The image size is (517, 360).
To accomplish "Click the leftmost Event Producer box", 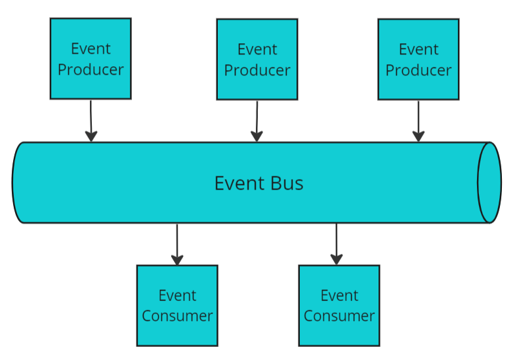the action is point(91,58).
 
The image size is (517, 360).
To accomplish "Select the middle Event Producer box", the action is point(257,59).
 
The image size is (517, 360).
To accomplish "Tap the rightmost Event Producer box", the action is point(419,59).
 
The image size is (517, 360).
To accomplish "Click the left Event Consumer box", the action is point(177,306).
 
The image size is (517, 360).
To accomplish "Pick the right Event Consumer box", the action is point(339,306).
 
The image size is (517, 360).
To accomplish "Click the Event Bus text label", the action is point(259,184).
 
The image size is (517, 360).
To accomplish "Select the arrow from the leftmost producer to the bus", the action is point(91,121).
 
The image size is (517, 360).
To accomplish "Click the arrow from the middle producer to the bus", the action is point(257,121).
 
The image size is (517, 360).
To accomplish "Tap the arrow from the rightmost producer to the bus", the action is point(419,121).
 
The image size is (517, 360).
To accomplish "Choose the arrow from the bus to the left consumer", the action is point(177,245).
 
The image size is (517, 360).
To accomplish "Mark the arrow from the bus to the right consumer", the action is point(337,245).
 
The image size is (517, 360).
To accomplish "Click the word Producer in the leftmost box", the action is point(91,70).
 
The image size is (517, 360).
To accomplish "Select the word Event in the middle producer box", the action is point(257,49).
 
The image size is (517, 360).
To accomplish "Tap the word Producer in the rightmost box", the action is point(419,71).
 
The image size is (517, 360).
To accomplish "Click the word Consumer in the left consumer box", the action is point(177,316).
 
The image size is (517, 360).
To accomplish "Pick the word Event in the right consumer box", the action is point(339,295).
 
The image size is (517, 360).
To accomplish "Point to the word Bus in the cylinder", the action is point(287,184).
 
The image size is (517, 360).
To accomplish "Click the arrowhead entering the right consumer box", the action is point(337,260).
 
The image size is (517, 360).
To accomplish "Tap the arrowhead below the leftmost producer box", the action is point(91,136).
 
